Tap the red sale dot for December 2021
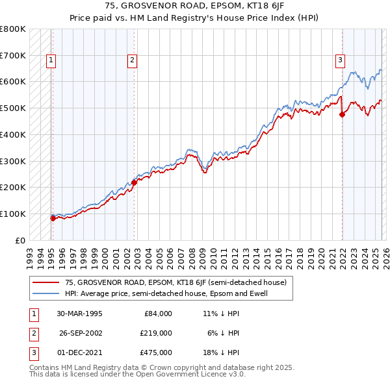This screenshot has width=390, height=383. click(342, 115)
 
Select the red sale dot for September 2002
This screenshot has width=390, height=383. click(135, 182)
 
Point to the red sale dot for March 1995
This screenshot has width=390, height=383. click(53, 218)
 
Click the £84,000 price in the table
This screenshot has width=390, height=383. click(158, 314)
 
